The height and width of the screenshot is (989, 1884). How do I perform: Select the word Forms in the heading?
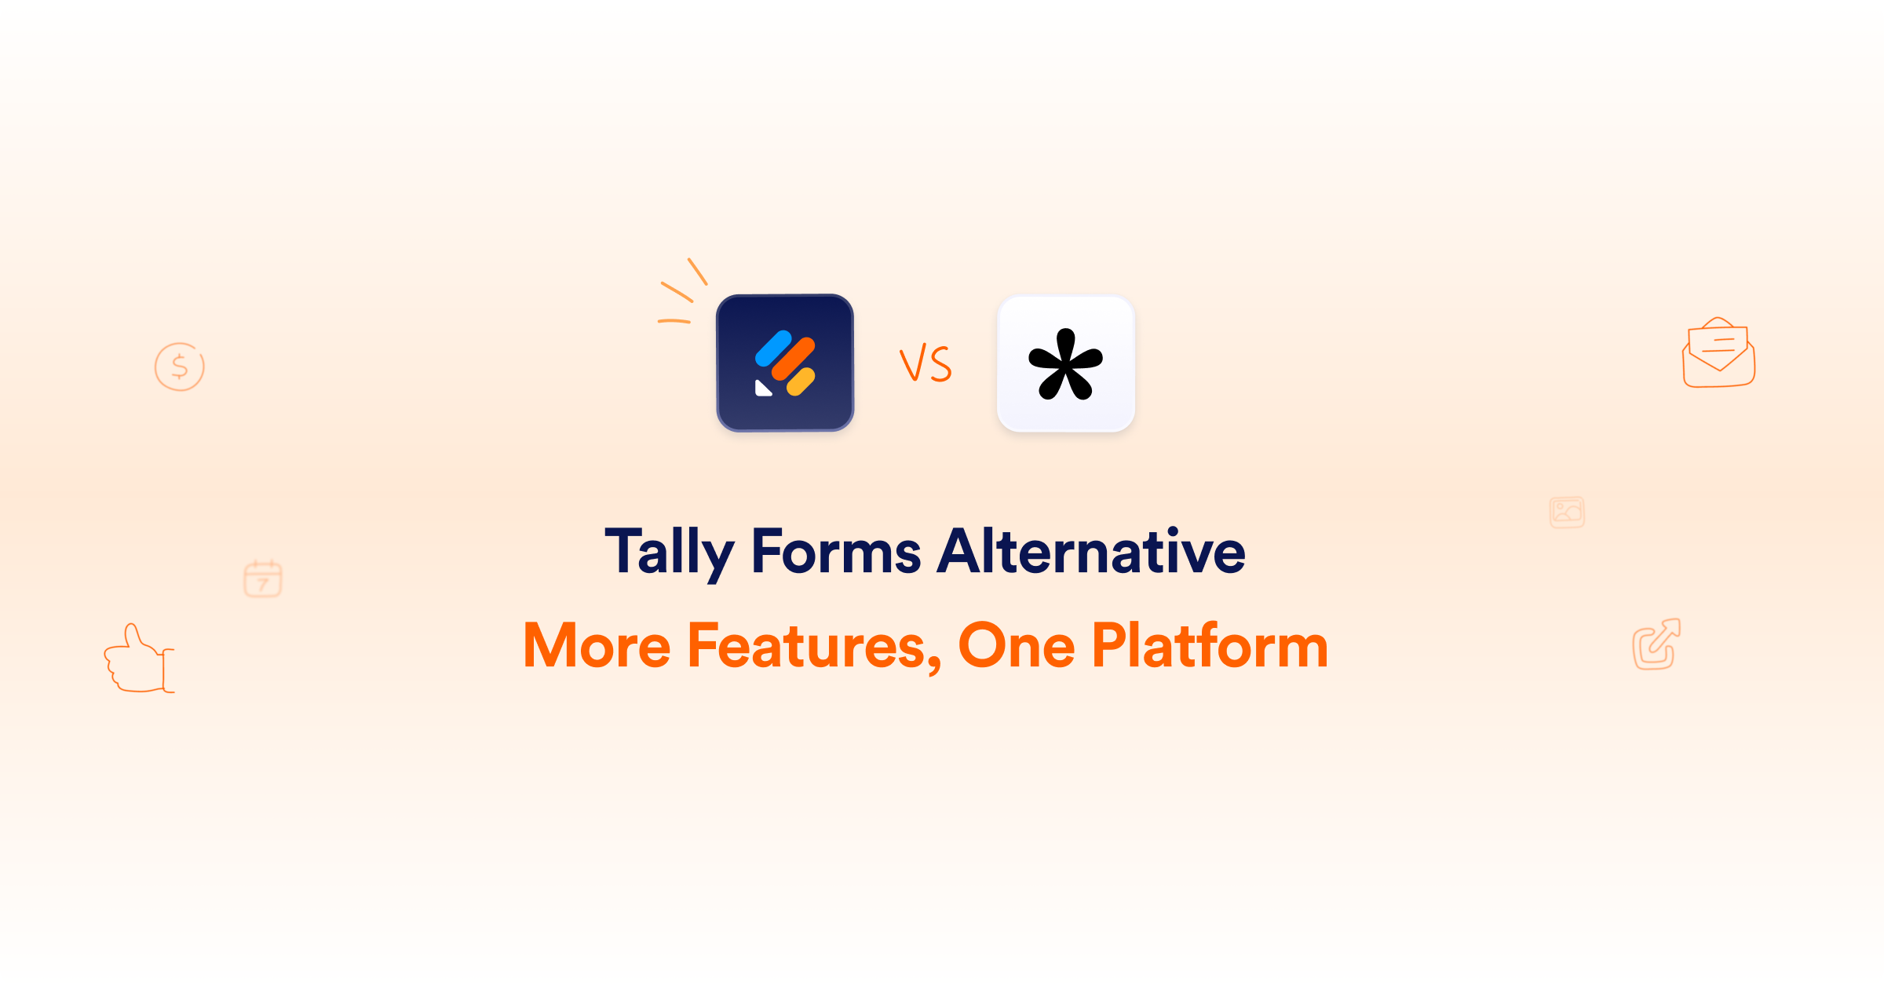click(836, 551)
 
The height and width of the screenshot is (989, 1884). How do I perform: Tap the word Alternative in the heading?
click(1092, 551)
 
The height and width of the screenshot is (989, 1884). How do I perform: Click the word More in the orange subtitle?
click(597, 646)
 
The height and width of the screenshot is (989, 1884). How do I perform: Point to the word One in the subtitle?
click(1017, 646)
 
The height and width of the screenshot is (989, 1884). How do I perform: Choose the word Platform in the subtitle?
click(1210, 646)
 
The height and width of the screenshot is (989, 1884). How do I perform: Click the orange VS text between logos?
click(926, 364)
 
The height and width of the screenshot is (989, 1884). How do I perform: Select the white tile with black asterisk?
click(1066, 363)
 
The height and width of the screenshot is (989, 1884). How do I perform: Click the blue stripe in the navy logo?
click(773, 349)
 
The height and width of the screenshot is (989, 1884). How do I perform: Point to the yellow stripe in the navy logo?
click(801, 382)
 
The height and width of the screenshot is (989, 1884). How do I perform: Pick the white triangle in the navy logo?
click(762, 389)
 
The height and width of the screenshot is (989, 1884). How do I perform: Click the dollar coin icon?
click(180, 367)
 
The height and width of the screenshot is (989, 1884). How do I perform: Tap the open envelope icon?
click(1718, 353)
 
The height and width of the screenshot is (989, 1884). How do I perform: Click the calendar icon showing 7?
click(263, 579)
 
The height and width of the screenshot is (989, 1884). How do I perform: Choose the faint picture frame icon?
click(1567, 513)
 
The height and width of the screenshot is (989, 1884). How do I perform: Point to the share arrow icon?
click(1656, 644)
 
